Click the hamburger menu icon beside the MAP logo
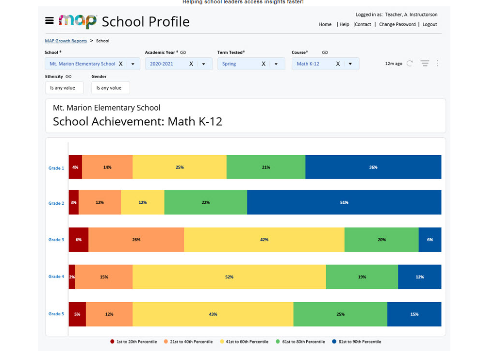click(49, 20)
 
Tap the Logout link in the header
click(430, 24)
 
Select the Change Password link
click(397, 24)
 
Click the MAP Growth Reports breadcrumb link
click(66, 41)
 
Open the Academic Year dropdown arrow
click(204, 64)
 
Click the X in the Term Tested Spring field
click(264, 64)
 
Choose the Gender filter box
click(110, 88)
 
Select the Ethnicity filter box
click(64, 88)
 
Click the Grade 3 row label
click(56, 240)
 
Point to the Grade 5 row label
click(56, 314)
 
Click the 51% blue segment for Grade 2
click(344, 202)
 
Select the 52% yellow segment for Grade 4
click(229, 277)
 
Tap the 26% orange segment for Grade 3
click(136, 240)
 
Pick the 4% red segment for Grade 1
click(75, 167)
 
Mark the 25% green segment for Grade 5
click(340, 314)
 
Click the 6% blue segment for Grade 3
click(430, 240)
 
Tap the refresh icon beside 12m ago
click(410, 64)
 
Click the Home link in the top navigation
click(325, 24)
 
